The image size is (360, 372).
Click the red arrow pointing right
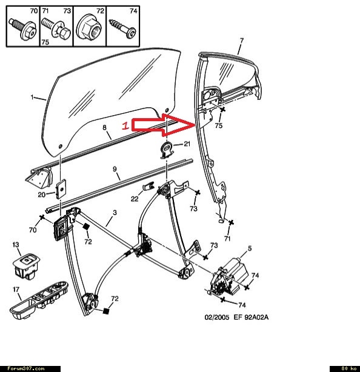164,125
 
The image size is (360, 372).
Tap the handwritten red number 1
125,125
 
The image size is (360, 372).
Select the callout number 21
187,144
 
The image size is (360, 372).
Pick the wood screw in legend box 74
122,28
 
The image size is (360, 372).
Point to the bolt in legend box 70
23,29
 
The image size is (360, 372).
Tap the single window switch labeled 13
26,266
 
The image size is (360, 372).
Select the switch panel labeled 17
39,300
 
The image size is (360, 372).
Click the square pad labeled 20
61,189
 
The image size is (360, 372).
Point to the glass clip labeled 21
167,150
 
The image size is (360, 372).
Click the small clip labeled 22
148,186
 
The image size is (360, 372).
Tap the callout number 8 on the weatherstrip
105,127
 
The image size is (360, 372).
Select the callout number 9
115,169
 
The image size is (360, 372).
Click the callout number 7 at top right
242,41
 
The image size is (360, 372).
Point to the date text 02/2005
217,317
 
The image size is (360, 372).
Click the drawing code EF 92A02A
251,317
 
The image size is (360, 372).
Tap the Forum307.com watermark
26,369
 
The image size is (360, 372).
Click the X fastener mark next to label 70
42,217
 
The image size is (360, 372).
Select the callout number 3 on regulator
115,213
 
